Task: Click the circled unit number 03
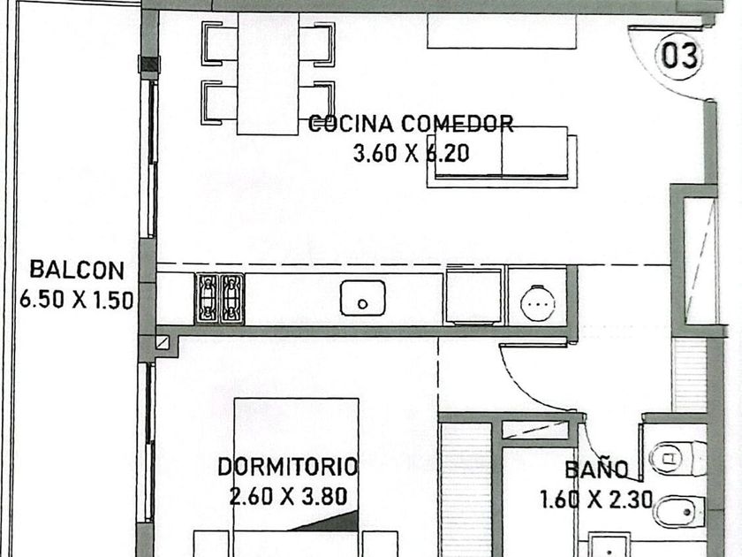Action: (x=678, y=56)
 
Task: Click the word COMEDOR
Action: (x=458, y=124)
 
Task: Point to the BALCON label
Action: (x=77, y=270)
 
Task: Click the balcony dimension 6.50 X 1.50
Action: (x=76, y=301)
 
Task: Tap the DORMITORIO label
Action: (x=287, y=467)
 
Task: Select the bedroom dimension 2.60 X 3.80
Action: (x=288, y=497)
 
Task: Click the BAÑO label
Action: (x=597, y=469)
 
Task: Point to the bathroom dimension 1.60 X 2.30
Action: (x=596, y=500)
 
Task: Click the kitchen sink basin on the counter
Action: (x=362, y=298)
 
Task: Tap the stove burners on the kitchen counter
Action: (x=220, y=299)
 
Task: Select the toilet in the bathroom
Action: (x=678, y=458)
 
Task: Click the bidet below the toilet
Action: (x=679, y=511)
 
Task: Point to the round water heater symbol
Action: (x=537, y=302)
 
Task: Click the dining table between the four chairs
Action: (x=268, y=74)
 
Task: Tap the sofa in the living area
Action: (x=502, y=156)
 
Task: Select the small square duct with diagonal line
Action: (x=163, y=342)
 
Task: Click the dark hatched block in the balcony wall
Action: (x=149, y=65)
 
